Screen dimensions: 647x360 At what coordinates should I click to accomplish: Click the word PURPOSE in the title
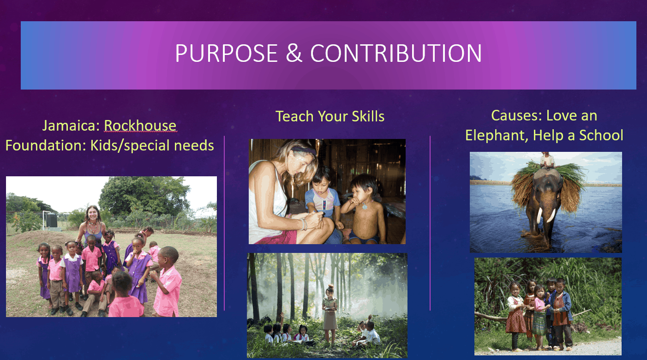coord(226,53)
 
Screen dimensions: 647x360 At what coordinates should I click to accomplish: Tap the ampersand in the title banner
coord(294,53)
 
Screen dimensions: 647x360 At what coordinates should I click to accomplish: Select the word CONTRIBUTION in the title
coord(396,53)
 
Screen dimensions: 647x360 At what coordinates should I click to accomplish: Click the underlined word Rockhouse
coord(140,126)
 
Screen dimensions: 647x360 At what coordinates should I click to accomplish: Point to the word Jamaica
coord(71,126)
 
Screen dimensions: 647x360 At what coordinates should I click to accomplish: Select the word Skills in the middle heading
coord(368,116)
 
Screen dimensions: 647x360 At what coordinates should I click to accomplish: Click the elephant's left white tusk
coord(539,215)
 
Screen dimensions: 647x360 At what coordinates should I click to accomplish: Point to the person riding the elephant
coord(547,160)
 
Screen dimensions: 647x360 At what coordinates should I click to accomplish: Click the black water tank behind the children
coord(51,220)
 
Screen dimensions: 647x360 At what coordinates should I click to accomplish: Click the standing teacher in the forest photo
coord(330,314)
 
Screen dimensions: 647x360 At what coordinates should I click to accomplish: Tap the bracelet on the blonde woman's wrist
coord(304,224)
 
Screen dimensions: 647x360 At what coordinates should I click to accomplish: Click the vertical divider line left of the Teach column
coord(224,223)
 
